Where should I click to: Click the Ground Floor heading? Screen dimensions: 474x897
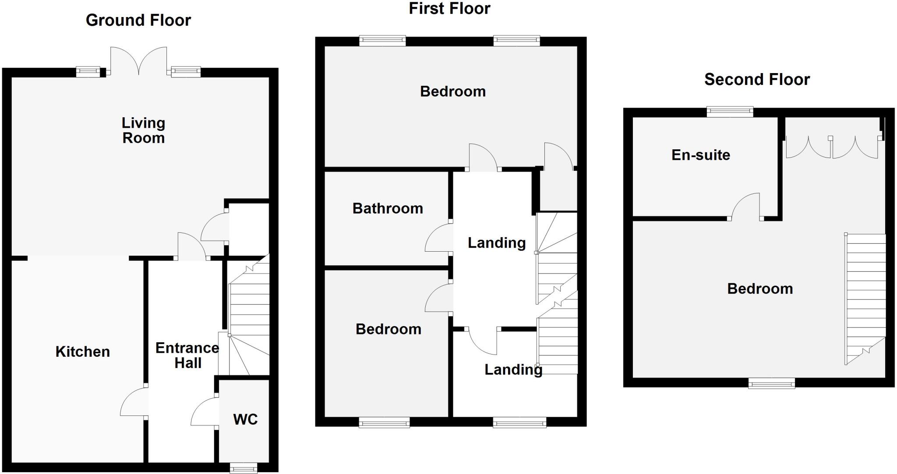click(x=138, y=20)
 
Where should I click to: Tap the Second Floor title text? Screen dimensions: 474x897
click(x=757, y=80)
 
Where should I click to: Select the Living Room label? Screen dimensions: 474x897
click(x=143, y=130)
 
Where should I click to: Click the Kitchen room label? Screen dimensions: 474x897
click(x=82, y=352)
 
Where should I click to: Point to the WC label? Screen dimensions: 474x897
click(x=245, y=419)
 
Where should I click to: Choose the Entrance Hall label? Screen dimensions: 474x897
click(x=187, y=355)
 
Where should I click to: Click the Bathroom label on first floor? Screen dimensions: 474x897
click(x=388, y=208)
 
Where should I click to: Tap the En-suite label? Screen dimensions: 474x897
click(x=701, y=155)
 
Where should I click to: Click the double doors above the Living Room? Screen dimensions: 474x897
click(x=138, y=61)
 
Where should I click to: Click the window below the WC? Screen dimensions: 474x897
click(x=244, y=469)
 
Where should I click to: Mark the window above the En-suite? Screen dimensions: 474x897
click(x=730, y=112)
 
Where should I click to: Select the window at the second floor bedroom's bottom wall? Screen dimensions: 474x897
click(x=771, y=383)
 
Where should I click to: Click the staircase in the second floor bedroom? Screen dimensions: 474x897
click(x=865, y=298)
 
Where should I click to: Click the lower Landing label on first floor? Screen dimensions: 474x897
click(x=513, y=370)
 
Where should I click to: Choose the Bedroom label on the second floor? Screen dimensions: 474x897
click(x=760, y=289)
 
